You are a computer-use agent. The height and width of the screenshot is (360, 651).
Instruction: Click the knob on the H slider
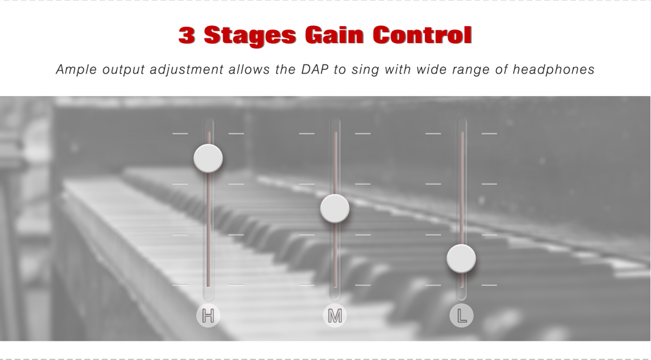pos(208,158)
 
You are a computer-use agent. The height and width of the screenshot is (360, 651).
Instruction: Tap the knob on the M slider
pos(334,208)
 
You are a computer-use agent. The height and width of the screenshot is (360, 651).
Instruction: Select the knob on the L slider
pos(461,259)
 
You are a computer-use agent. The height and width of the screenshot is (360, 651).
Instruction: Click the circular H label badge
pos(208,315)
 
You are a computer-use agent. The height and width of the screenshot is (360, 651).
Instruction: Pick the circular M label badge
pos(334,315)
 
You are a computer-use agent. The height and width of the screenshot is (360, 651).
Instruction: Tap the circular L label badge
pos(461,315)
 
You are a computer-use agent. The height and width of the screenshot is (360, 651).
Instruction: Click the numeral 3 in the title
pos(187,35)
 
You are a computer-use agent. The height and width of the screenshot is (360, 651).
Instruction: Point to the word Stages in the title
pos(250,36)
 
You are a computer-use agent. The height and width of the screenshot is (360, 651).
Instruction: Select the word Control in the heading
pos(422,35)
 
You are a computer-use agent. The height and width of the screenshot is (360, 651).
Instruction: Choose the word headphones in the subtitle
pos(554,69)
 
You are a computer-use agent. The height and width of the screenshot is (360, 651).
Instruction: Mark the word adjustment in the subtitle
pos(186,70)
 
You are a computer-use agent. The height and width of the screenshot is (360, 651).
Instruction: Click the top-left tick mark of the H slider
pos(180,134)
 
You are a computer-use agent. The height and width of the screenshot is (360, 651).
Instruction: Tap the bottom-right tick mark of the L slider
pos(489,285)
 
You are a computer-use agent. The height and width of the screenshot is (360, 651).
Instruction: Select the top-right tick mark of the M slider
pos(363,134)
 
